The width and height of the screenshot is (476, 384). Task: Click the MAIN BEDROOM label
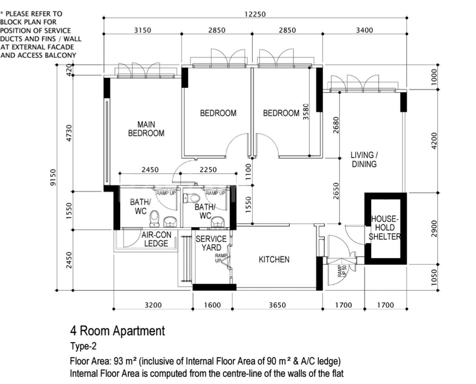(146, 129)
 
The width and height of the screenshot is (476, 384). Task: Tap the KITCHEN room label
(274, 259)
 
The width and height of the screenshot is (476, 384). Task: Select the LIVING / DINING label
(364, 159)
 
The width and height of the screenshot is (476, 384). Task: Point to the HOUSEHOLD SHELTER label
(384, 228)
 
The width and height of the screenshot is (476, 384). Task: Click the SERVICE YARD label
(211, 243)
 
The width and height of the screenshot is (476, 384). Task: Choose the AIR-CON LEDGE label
(156, 239)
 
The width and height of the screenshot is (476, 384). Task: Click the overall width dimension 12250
(255, 14)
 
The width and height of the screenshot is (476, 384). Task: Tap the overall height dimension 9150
(54, 177)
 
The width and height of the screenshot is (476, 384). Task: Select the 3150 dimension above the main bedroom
(143, 30)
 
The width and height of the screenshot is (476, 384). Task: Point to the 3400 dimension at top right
(364, 30)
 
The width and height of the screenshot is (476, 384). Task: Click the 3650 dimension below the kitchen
(277, 305)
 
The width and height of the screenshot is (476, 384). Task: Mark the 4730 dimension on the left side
(69, 133)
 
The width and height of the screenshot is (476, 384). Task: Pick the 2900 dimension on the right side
(434, 228)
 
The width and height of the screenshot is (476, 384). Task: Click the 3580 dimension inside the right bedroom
(306, 111)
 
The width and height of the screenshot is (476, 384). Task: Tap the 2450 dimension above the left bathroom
(150, 169)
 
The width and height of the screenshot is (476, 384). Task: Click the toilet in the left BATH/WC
(154, 218)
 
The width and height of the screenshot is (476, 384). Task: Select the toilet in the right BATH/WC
(191, 198)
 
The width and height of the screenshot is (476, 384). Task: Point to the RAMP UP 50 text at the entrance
(342, 271)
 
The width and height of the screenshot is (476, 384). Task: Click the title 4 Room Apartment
(117, 330)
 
